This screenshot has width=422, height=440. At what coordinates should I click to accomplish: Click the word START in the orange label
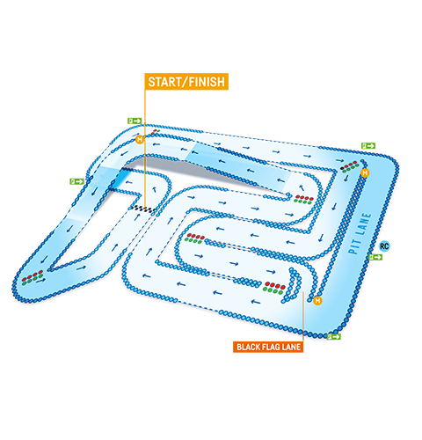[x=165, y=82]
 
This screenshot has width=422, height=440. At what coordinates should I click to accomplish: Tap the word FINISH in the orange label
[x=207, y=82]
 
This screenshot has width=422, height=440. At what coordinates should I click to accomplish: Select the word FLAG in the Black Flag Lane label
[x=270, y=348]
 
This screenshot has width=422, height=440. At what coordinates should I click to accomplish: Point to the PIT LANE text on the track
[x=360, y=233]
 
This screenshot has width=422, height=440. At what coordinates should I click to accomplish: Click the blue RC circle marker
[x=384, y=246]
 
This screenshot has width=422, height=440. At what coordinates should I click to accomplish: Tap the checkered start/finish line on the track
[x=143, y=209]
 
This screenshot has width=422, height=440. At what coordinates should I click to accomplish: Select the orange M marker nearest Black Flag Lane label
[x=317, y=301]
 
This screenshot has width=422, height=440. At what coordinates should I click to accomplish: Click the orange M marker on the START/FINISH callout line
[x=140, y=140]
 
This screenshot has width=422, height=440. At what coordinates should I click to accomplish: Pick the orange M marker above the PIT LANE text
[x=365, y=173]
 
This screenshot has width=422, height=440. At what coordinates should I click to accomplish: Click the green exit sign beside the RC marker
[x=375, y=257]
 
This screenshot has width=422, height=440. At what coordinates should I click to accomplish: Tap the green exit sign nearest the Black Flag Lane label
[x=334, y=337]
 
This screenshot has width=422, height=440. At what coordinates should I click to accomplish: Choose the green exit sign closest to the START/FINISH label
[x=135, y=121]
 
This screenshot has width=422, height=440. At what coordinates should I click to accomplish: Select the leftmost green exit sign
[x=77, y=181]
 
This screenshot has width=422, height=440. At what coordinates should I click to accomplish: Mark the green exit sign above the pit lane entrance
[x=368, y=146]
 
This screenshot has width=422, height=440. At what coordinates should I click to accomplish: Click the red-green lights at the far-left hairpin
[x=33, y=277]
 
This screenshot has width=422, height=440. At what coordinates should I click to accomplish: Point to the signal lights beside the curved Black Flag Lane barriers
[x=274, y=288]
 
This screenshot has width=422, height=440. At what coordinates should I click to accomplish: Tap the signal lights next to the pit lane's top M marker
[x=350, y=166]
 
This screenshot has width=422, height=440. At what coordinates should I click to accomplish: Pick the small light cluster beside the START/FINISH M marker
[x=156, y=132]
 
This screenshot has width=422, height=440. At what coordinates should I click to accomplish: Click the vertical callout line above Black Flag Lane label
[x=303, y=317]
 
